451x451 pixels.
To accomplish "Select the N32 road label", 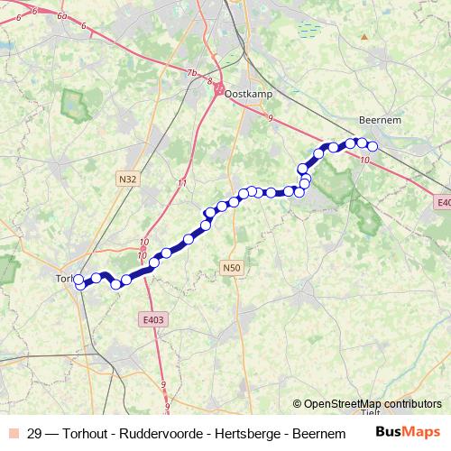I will point(127,179).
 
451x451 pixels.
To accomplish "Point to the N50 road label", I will point(232,267).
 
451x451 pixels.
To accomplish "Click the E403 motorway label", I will point(153,318).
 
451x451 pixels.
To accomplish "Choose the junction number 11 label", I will point(182,184).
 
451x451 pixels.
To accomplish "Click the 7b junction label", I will point(191,72).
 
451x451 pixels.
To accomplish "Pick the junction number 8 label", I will point(210,83).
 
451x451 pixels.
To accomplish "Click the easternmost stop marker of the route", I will point(372,147).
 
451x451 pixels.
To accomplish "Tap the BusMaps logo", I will point(409,432).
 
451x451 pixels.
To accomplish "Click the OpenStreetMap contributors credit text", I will point(373,403).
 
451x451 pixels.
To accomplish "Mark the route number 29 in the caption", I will point(34,433).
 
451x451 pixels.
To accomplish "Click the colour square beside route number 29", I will point(13,433).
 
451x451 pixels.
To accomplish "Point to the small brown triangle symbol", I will point(364,37).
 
